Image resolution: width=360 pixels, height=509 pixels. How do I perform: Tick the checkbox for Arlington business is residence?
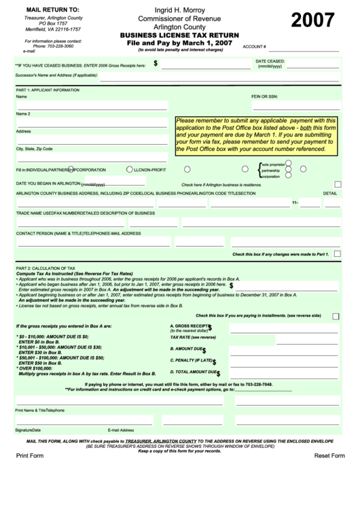click(338, 184)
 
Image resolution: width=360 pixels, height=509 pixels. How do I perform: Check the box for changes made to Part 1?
click(337, 253)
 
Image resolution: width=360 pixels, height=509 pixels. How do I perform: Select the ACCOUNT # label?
click(254, 47)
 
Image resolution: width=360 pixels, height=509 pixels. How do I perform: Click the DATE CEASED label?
click(270, 61)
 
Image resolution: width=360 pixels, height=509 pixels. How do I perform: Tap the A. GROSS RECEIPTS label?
click(189, 326)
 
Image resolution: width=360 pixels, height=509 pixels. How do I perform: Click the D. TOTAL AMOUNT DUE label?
click(194, 372)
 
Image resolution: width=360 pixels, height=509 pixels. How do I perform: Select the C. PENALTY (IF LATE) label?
click(192, 360)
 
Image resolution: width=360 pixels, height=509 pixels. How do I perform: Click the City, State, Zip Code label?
click(34, 148)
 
